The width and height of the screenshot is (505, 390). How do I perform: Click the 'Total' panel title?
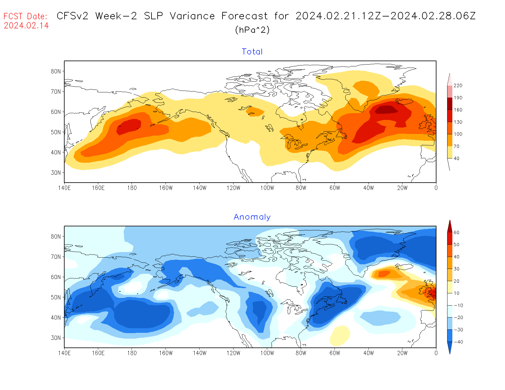tap(252, 52)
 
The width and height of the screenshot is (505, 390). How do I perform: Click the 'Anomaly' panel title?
tap(252, 217)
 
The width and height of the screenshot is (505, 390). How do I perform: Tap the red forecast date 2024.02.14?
tap(26, 25)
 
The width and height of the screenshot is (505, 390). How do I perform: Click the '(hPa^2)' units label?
tap(252, 30)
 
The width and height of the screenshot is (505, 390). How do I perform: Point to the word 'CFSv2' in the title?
tap(73, 16)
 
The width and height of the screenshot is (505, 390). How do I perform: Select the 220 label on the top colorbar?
tap(458, 86)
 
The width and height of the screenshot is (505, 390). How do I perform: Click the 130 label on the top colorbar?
tap(458, 122)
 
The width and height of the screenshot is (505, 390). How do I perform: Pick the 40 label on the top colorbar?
tap(456, 158)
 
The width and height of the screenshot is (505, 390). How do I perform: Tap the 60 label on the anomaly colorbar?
tap(456, 232)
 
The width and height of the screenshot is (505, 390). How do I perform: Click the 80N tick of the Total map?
tap(56, 71)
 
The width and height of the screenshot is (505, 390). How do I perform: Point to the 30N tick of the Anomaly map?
tap(56, 338)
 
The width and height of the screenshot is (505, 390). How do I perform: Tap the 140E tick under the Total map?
tap(64, 188)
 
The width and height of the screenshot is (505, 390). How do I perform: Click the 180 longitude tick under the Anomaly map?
tap(132, 353)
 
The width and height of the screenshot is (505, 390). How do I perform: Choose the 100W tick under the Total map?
tap(267, 188)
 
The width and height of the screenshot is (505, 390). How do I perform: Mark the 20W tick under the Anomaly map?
tap(402, 353)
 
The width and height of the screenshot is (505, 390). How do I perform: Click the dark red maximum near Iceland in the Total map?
tap(386, 109)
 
